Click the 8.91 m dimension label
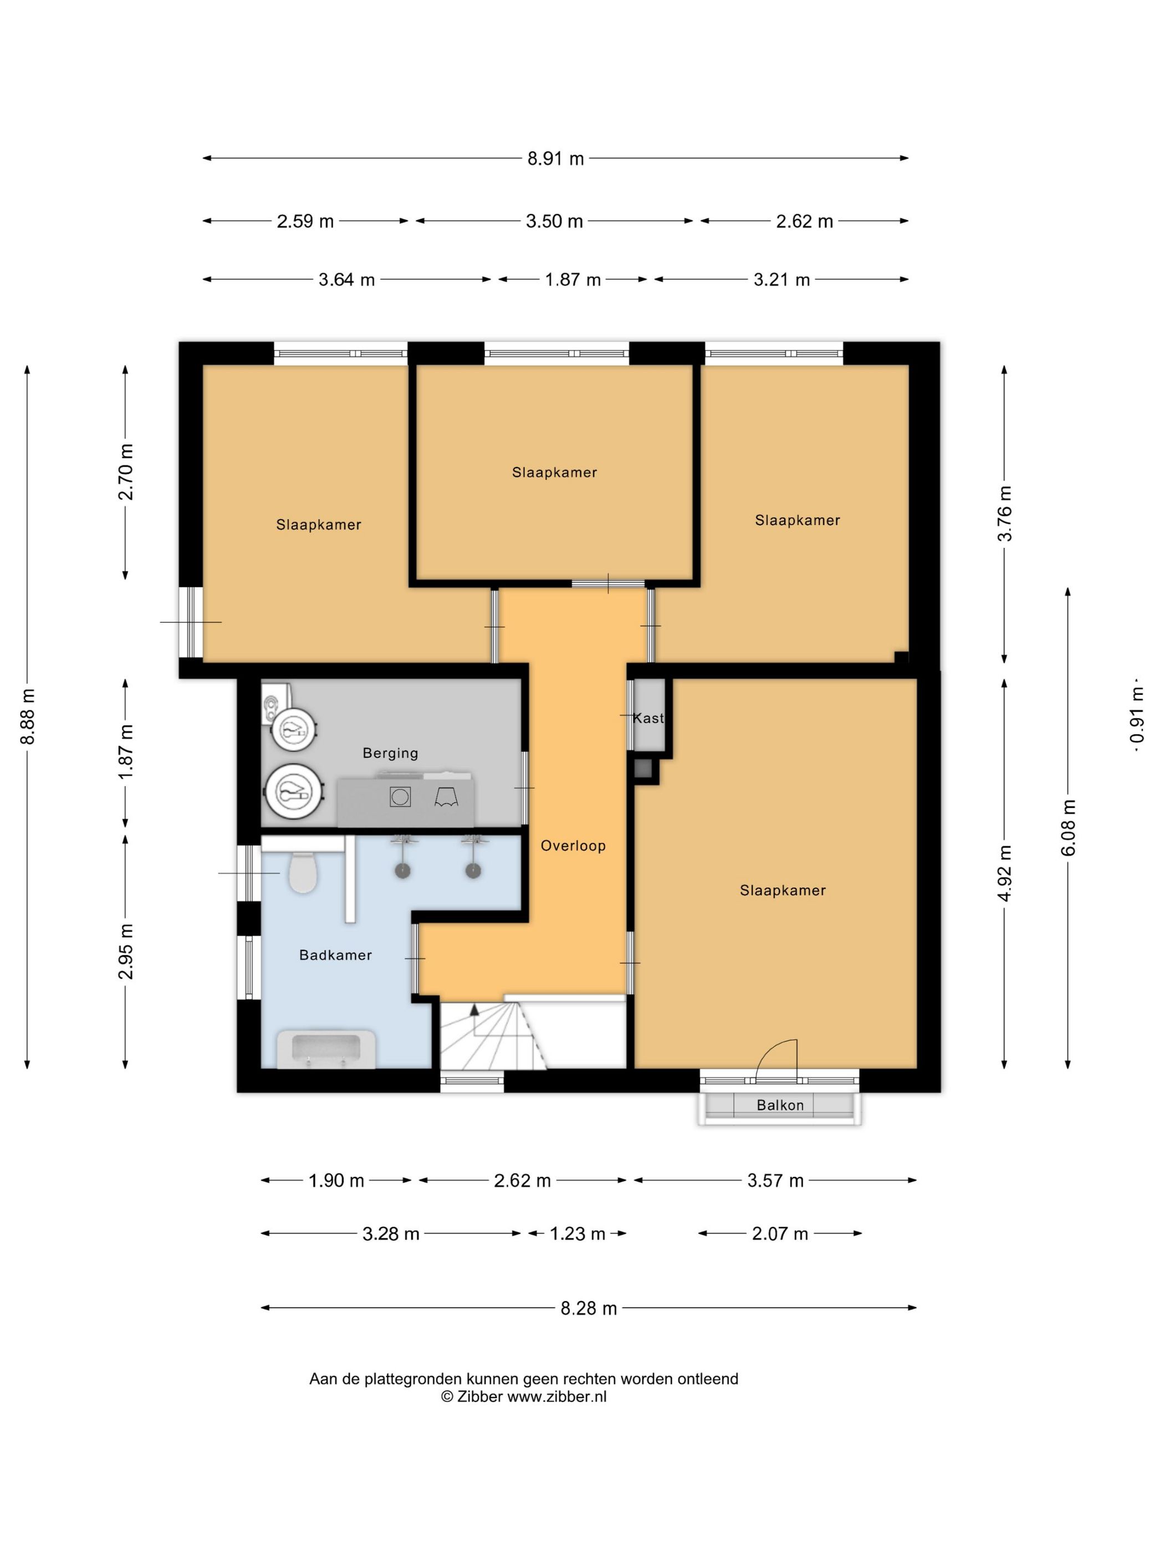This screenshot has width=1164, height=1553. point(555,159)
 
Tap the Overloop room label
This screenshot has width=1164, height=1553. point(573,846)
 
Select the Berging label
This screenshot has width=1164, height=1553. point(390,753)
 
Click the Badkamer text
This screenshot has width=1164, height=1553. point(335,955)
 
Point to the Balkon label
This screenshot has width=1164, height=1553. point(779,1105)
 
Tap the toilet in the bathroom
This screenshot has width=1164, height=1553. point(303,871)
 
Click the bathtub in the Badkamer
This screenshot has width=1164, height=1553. point(326,1049)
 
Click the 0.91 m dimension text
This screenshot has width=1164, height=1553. point(1137,716)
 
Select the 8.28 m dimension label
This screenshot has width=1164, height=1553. point(588,1308)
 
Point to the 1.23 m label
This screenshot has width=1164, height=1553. point(577,1234)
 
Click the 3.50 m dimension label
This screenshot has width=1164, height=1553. point(554,221)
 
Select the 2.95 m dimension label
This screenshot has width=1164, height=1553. point(126,951)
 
